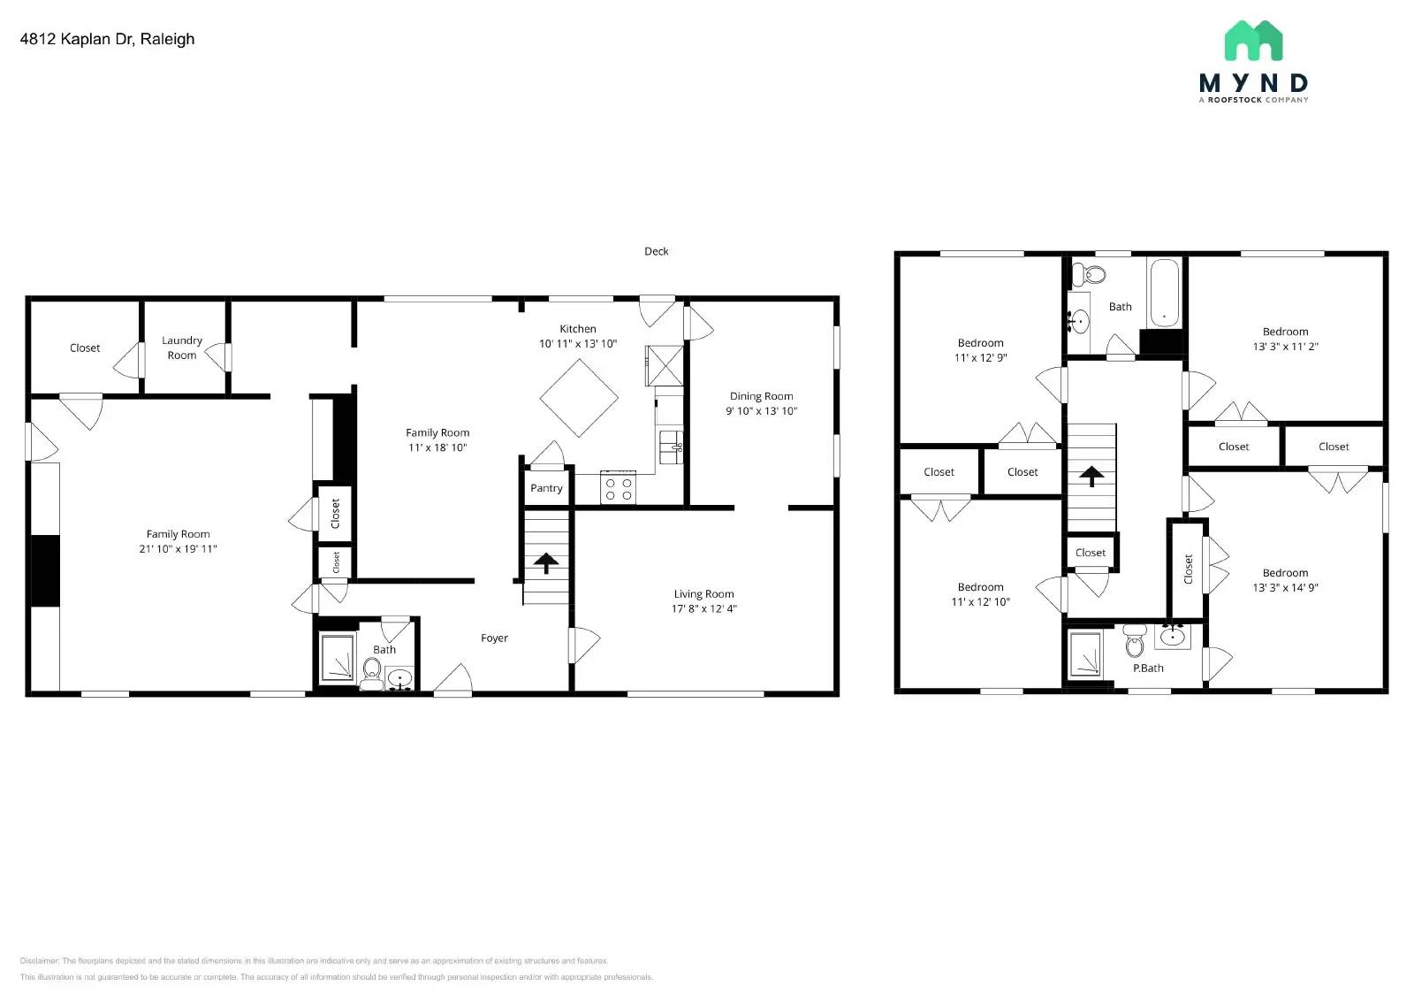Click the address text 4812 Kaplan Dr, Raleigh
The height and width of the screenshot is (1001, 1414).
coord(107,39)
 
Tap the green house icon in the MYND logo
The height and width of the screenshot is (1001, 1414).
coord(1253,41)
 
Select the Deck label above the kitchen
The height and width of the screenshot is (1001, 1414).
coord(656,251)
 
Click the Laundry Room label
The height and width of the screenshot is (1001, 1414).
coord(182,348)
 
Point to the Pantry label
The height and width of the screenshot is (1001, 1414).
coord(546,488)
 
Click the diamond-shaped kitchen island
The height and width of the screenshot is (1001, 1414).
coord(579,398)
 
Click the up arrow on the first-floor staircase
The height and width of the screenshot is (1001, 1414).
coord(546,562)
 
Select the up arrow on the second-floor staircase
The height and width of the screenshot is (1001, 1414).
coord(1092,477)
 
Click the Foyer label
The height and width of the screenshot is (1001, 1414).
coord(494,638)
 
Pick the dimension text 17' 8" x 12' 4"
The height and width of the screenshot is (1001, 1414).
coord(703,608)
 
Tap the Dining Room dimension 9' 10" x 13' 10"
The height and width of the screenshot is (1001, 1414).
coord(761,411)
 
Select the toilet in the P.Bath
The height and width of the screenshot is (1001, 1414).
coord(1135,643)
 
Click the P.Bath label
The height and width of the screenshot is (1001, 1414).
coord(1148,668)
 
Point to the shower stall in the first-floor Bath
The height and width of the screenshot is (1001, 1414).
coord(337,659)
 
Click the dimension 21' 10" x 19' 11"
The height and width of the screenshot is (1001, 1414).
coord(178,548)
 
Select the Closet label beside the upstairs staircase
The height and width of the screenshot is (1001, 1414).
coord(1090,553)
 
